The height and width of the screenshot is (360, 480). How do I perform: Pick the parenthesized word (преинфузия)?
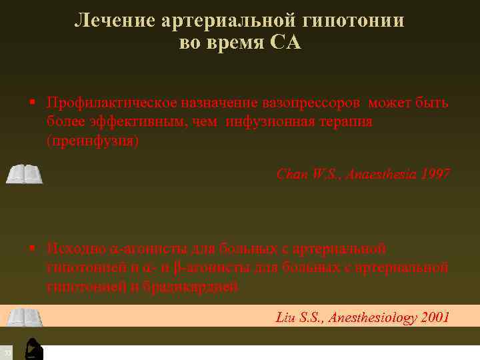(x=93, y=141)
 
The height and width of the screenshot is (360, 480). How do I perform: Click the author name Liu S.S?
(x=299, y=317)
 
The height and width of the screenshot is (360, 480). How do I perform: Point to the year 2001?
(x=435, y=317)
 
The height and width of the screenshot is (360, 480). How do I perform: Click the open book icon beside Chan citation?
(x=24, y=175)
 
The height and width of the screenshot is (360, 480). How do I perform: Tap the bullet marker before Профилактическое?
(x=31, y=103)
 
